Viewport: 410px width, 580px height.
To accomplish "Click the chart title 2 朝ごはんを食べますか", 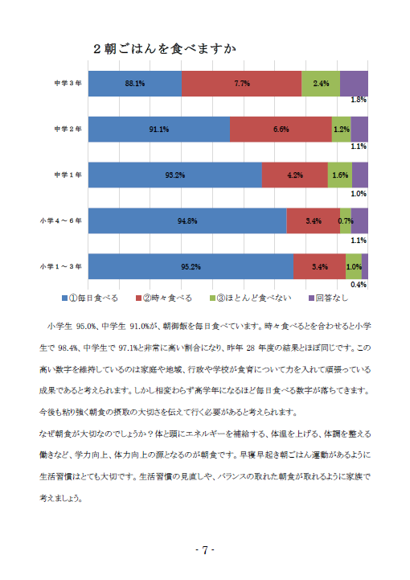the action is tap(165, 49).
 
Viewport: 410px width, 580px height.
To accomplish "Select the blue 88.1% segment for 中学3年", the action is tap(135, 84).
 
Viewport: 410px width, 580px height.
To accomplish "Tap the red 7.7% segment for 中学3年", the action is tap(241, 84).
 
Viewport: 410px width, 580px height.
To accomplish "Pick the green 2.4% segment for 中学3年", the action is tap(321, 84).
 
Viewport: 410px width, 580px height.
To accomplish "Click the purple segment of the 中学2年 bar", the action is tap(359, 130).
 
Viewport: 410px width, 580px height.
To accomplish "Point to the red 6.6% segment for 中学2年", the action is tap(281, 130).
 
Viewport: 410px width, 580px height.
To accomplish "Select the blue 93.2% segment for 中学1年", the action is tap(175, 175).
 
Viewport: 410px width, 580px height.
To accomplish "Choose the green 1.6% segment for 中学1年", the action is tap(340, 175).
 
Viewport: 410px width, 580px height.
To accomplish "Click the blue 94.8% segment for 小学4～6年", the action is tap(187, 221).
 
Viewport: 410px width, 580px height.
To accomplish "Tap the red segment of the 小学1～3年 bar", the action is tap(319, 267).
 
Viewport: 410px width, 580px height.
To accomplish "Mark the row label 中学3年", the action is tap(68, 83).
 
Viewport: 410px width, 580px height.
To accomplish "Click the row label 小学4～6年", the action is tap(61, 221).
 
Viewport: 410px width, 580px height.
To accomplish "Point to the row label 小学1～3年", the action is tap(61, 267).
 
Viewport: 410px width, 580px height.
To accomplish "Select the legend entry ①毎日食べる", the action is tap(90, 298).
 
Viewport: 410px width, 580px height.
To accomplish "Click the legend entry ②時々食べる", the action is tap(164, 298).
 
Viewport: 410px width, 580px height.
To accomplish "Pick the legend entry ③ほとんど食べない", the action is tap(251, 298).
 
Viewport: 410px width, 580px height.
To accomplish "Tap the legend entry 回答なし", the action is tap(328, 298).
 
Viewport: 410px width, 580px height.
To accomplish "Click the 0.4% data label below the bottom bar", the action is tap(359, 285).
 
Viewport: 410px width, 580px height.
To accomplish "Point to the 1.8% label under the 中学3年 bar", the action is tap(359, 100).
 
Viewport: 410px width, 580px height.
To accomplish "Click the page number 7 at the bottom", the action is tap(205, 550).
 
